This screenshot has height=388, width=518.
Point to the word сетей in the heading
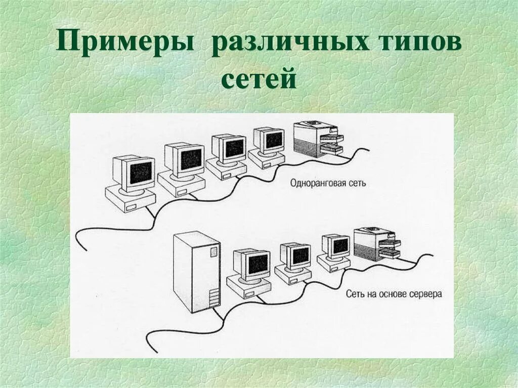pyautogui.click(x=258, y=80)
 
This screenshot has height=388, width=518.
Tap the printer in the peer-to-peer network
pyautogui.click(x=318, y=139)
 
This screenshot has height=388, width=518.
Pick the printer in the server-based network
pyautogui.click(x=376, y=244)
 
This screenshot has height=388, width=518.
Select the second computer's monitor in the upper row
pyautogui.click(x=191, y=159)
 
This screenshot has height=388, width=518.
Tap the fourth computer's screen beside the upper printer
pyautogui.click(x=274, y=140)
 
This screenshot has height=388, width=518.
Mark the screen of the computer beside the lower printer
pyautogui.click(x=340, y=246)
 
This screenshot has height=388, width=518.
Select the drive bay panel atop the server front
pyautogui.click(x=214, y=250)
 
